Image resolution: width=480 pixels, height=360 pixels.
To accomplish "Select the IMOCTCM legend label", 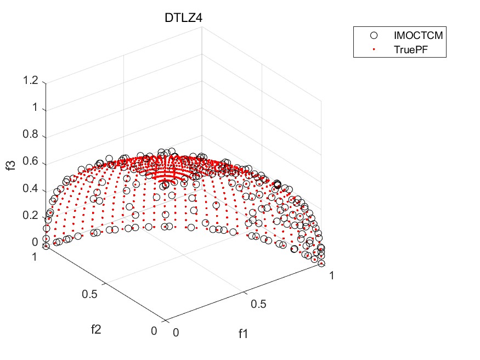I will tap(419, 36).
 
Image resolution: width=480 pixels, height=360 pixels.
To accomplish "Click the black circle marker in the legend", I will tap(374, 36).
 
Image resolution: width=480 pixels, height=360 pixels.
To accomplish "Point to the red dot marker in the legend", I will tap(374, 49).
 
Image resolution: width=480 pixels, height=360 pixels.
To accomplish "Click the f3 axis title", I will tap(10, 164).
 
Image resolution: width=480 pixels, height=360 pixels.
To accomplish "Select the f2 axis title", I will tap(98, 329).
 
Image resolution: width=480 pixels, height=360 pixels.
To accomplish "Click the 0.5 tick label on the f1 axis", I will tap(258, 303).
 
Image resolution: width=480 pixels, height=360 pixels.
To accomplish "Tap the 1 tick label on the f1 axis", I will tap(331, 275).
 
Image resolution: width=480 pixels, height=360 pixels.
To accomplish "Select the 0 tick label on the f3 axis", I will tap(35, 242).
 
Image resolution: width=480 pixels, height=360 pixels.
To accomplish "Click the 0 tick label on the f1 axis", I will tap(176, 332).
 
